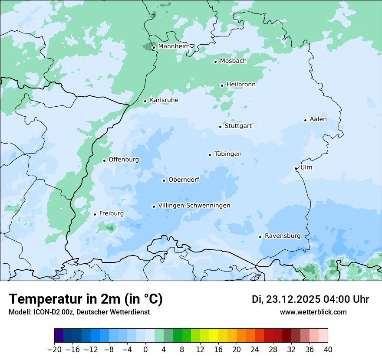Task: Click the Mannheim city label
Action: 174,46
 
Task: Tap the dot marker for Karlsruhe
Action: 145,101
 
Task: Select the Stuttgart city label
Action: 238,126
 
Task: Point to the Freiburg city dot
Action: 95,214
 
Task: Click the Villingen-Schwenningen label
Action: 194,206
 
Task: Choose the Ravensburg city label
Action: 283,236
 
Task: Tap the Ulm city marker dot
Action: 296,168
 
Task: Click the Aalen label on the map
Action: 318,119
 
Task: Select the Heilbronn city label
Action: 241,85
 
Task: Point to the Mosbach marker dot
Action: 215,62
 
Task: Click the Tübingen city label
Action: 228,154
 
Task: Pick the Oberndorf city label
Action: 184,180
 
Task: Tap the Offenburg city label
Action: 124,160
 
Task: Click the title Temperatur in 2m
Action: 86,299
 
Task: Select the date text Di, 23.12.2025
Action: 286,299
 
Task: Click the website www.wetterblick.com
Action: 313,312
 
